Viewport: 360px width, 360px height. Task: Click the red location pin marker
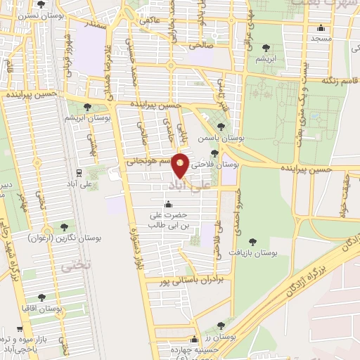pos(181,165)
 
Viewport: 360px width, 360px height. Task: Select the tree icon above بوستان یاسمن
pos(221,127)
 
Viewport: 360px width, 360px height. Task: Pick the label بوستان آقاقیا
pos(41,309)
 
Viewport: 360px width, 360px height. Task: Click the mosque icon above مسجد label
pos(321,29)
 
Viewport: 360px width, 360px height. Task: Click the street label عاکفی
pos(151,20)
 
